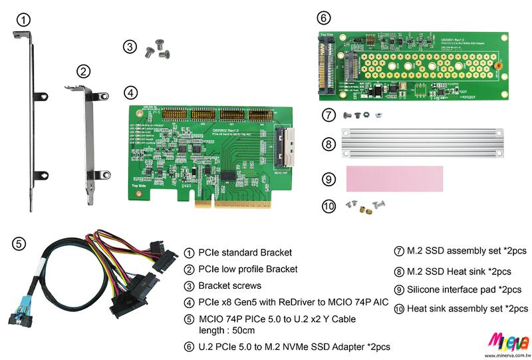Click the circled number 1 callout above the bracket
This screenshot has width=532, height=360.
[x=23, y=19]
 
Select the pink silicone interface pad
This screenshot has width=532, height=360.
[x=394, y=178]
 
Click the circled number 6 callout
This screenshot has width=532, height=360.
[x=323, y=17]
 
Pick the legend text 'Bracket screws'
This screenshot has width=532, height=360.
[x=228, y=286]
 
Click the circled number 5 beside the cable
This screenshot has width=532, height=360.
[x=19, y=244]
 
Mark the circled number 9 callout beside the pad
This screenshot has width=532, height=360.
[x=327, y=179]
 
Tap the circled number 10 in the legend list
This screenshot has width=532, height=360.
[x=399, y=309]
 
